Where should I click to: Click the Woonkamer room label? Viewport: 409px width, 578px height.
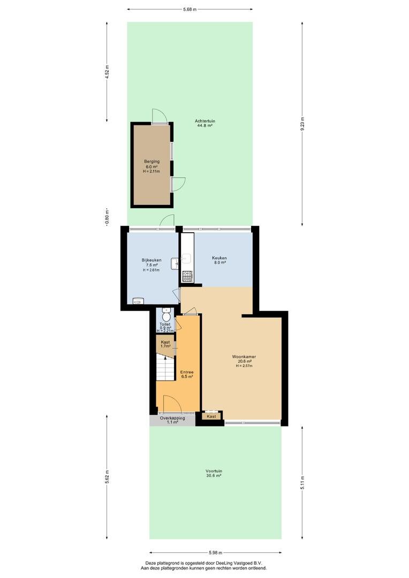244,357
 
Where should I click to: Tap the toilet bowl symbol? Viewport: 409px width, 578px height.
165,317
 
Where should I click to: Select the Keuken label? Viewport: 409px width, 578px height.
219,258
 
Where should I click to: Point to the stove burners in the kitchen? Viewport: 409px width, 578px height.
187,275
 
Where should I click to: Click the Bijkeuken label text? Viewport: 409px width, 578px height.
152,260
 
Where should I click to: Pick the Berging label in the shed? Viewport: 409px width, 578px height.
152,162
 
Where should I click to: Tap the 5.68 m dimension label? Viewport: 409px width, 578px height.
190,9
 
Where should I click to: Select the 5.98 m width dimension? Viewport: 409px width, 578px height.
215,552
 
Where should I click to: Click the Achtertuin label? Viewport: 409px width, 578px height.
205,121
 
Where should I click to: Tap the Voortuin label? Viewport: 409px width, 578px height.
214,471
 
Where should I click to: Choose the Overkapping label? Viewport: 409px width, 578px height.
172,419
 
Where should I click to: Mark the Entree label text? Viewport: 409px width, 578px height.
187,372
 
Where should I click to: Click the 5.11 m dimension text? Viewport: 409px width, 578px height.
302,483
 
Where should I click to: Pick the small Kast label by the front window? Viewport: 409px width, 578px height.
211,416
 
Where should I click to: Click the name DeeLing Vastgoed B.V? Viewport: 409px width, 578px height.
241,563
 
